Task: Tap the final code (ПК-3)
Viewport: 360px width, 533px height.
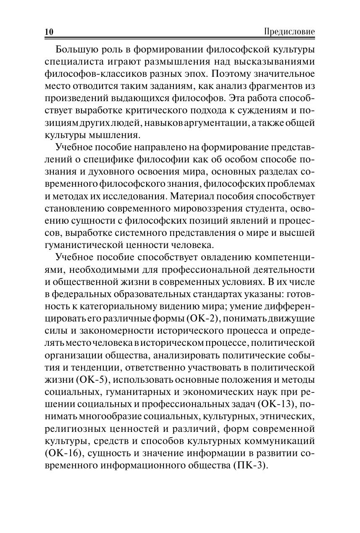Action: [x=249, y=466]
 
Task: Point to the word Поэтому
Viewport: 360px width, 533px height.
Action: [x=232, y=74]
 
